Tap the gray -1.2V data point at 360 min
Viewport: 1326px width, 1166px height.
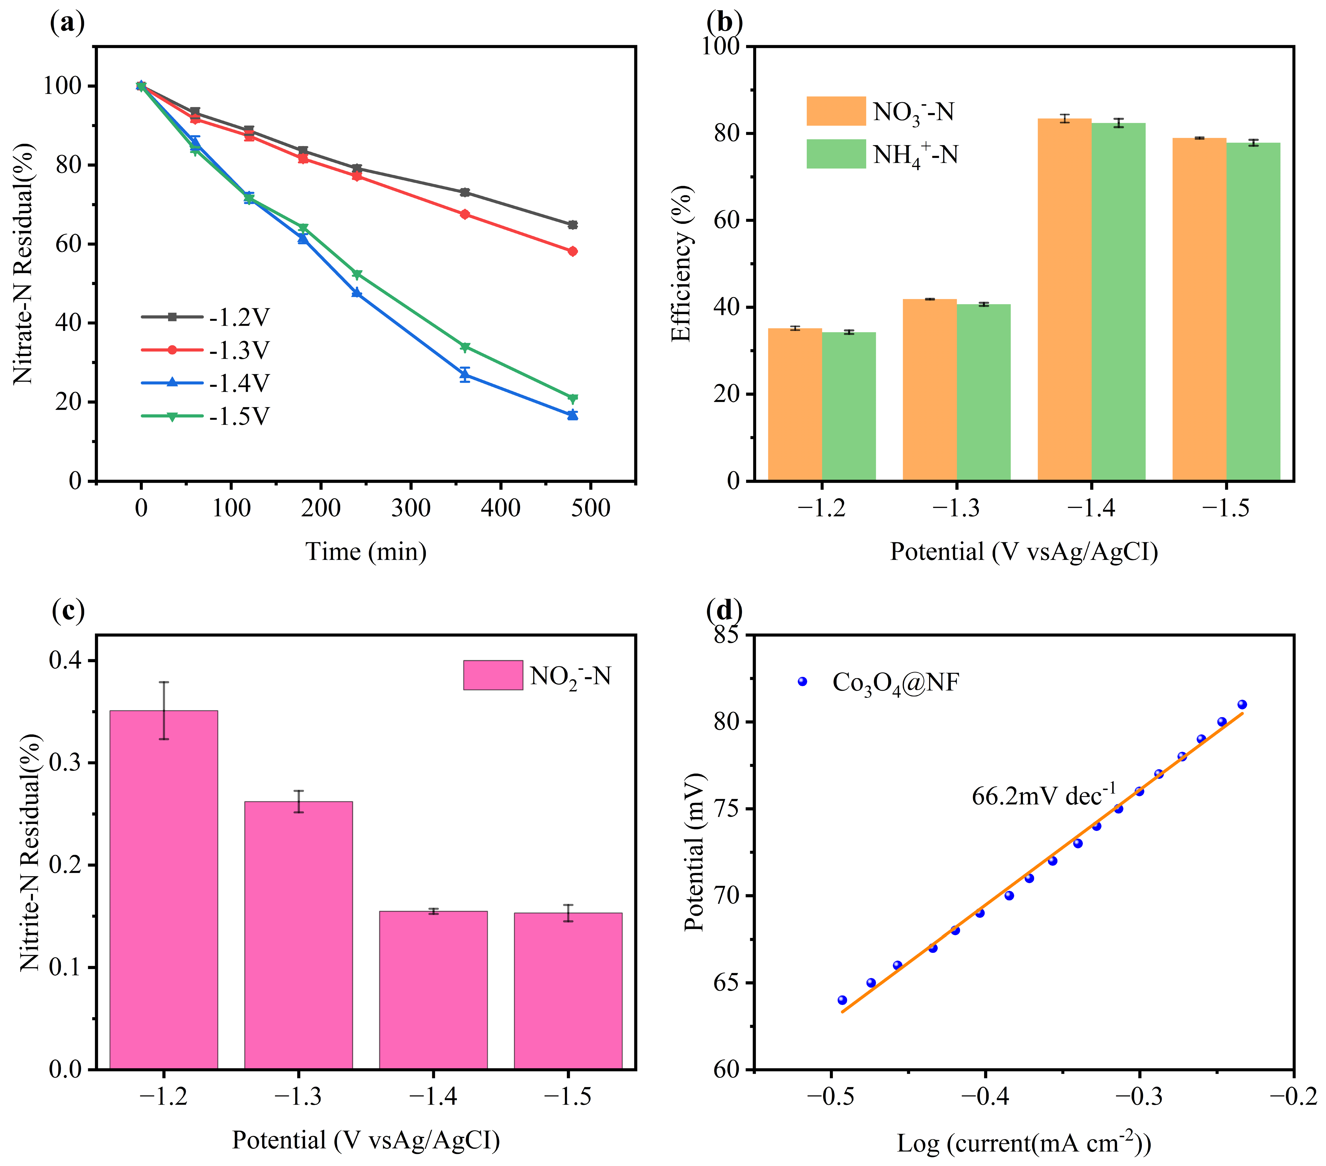(465, 193)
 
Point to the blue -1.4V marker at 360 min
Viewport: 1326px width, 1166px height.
(465, 375)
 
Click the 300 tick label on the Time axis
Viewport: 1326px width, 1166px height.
(411, 508)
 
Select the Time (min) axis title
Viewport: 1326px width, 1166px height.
(366, 552)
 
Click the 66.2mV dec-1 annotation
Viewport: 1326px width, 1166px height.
(1043, 795)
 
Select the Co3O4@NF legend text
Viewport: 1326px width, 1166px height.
(895, 682)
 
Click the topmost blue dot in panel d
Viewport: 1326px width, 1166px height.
(1242, 704)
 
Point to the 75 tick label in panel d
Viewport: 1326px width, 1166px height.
(726, 809)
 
